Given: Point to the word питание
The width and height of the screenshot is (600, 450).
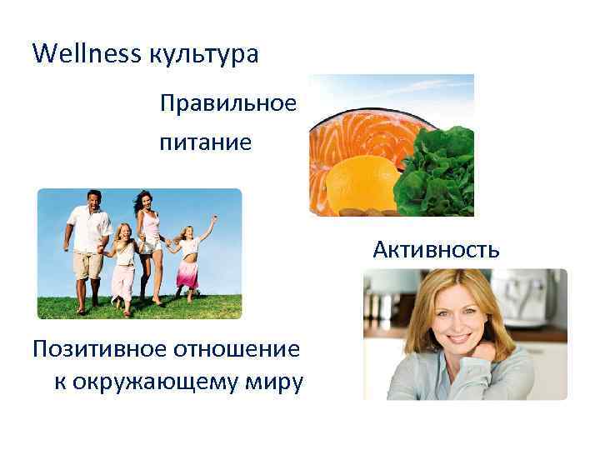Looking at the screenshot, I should click(205, 142).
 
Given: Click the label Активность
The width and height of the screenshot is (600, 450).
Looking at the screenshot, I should click(436, 249).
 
